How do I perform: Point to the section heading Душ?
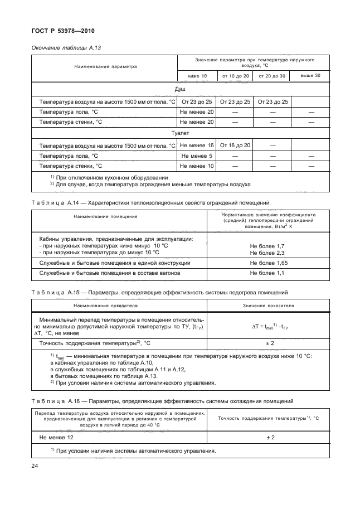point(180,89)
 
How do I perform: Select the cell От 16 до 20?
point(235,146)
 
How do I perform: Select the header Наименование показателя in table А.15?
point(105,306)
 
